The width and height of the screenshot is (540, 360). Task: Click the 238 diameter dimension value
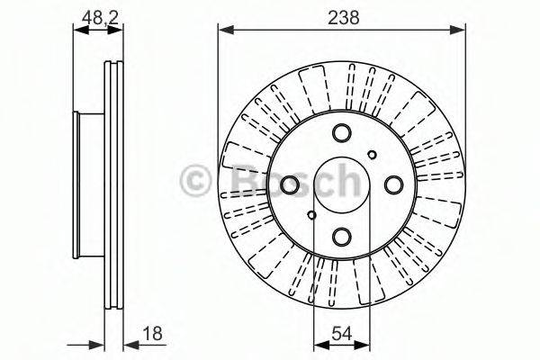(342, 15)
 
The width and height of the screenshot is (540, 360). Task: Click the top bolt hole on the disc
(342, 134)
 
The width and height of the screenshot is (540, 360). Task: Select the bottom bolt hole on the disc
(342, 237)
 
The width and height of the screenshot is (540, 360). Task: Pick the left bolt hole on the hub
(291, 185)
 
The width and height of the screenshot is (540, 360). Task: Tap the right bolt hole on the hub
(393, 185)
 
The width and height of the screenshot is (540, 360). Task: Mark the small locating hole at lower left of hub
(311, 215)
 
